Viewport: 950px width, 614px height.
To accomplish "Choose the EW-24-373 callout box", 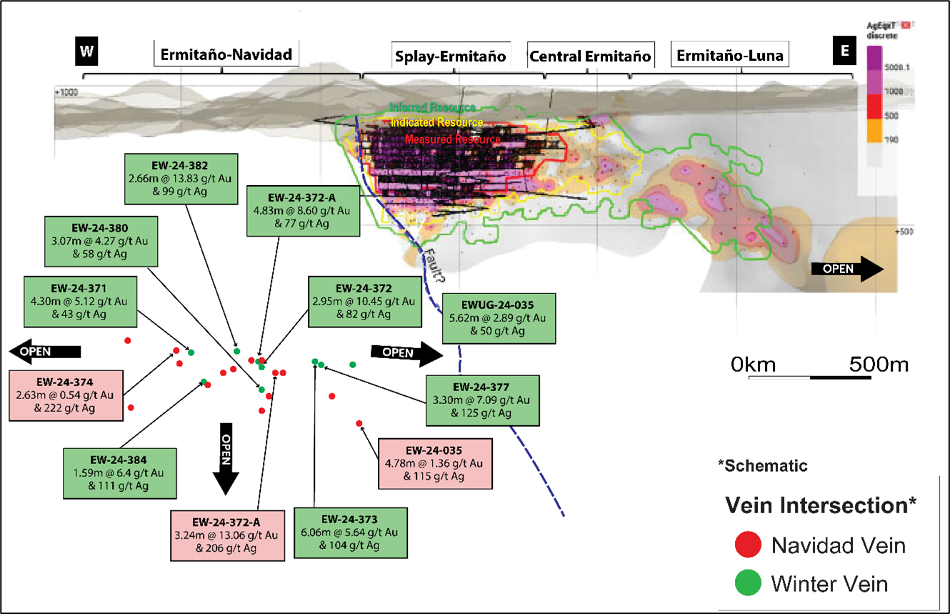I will click(350, 533).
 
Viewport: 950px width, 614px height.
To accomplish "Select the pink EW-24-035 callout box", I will click(435, 463).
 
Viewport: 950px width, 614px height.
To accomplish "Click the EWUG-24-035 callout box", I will click(499, 317).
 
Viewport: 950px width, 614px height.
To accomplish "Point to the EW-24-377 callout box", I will click(481, 400).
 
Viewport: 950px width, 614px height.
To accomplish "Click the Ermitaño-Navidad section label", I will click(226, 54).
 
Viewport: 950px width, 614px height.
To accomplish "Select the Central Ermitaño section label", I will click(589, 56).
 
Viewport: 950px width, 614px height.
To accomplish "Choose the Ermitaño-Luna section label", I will click(730, 54).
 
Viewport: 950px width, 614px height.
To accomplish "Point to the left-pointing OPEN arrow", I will click(44, 351).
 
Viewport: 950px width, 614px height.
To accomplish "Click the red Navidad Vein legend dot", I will click(746, 545).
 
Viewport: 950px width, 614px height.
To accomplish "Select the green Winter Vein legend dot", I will click(746, 583).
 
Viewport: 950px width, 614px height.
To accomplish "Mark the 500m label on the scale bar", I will click(879, 364).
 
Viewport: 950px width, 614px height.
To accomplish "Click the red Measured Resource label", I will click(452, 140).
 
